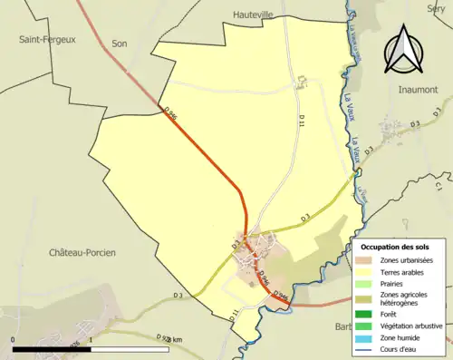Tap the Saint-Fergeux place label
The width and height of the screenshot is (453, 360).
click(46, 39)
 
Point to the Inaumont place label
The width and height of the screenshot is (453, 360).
click(418, 90)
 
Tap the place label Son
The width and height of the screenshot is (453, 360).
click(120, 43)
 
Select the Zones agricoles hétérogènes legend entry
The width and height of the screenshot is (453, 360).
click(404, 299)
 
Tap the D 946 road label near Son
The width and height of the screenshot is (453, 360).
click(171, 112)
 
